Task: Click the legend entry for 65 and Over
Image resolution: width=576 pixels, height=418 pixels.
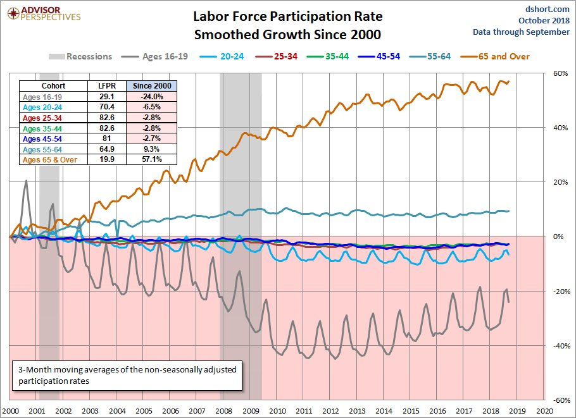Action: point(500,56)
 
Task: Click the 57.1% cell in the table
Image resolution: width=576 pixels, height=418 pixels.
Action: point(151,160)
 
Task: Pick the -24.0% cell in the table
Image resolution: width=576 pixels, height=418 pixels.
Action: point(151,97)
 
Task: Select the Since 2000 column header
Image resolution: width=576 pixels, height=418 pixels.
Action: point(151,86)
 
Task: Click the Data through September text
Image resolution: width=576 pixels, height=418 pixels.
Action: point(521,32)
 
